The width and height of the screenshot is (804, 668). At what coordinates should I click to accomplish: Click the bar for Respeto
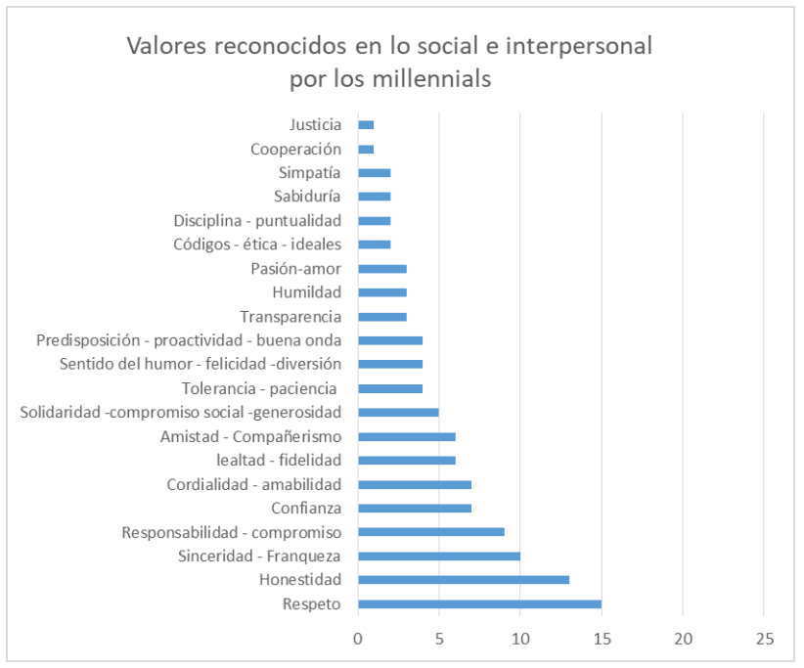tap(479, 603)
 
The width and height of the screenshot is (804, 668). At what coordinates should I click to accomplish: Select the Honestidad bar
tap(464, 580)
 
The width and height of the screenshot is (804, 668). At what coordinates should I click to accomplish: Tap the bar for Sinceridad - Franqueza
tap(439, 557)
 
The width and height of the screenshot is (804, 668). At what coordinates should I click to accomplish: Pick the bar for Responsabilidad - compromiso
tap(431, 532)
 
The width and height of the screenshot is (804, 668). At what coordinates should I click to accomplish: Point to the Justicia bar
tap(366, 124)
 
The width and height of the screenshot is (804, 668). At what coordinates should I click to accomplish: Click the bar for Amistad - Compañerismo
tap(407, 436)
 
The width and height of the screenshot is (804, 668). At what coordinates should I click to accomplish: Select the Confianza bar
tap(415, 509)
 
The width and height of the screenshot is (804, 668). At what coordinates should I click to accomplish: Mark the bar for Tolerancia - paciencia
tap(390, 388)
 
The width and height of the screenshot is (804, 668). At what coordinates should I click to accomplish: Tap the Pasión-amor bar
tap(382, 269)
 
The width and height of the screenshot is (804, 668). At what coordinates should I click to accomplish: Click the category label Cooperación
tap(295, 149)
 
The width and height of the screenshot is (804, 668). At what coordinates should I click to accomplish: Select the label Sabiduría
tap(307, 197)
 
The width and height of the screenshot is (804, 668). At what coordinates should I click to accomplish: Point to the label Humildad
tap(307, 292)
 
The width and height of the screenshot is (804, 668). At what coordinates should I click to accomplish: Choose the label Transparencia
tap(290, 316)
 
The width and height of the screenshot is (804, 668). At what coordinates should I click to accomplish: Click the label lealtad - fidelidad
tap(279, 460)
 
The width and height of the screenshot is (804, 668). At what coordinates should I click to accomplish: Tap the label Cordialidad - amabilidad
tap(254, 484)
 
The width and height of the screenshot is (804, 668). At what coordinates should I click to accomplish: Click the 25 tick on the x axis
tap(764, 639)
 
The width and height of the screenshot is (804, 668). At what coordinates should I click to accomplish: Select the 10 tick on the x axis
tap(520, 639)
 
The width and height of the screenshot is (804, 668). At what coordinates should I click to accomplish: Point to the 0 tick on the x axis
tap(358, 639)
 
